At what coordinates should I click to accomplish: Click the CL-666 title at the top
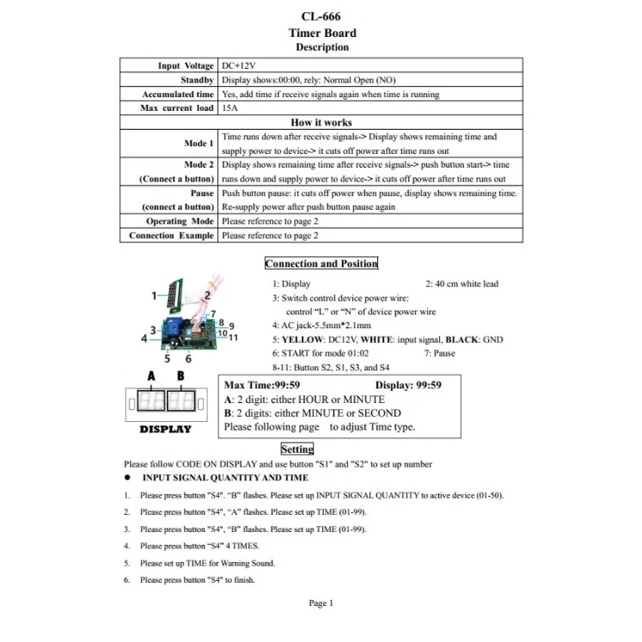tap(322, 16)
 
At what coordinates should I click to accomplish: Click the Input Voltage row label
tap(186, 66)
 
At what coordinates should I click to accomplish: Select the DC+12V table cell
tap(239, 66)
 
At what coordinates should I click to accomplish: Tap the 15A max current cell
tap(229, 108)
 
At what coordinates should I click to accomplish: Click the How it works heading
tap(321, 123)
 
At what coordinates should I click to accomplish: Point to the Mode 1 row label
tap(199, 144)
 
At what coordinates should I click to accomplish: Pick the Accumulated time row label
tap(178, 95)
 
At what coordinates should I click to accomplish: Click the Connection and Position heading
tap(321, 264)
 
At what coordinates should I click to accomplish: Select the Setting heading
tap(297, 449)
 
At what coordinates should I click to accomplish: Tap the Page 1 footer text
tap(321, 603)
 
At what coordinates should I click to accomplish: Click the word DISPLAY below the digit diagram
tap(166, 429)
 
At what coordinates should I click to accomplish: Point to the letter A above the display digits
tap(151, 376)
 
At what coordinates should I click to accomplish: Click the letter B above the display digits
tap(180, 376)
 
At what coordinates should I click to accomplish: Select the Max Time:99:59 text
tap(262, 385)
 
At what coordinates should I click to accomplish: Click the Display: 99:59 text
tap(408, 385)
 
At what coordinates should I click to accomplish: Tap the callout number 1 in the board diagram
tap(155, 296)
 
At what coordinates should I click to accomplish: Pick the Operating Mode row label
tap(180, 222)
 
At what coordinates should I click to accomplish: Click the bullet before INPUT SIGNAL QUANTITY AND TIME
tap(127, 478)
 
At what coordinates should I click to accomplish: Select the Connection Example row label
tap(171, 235)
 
